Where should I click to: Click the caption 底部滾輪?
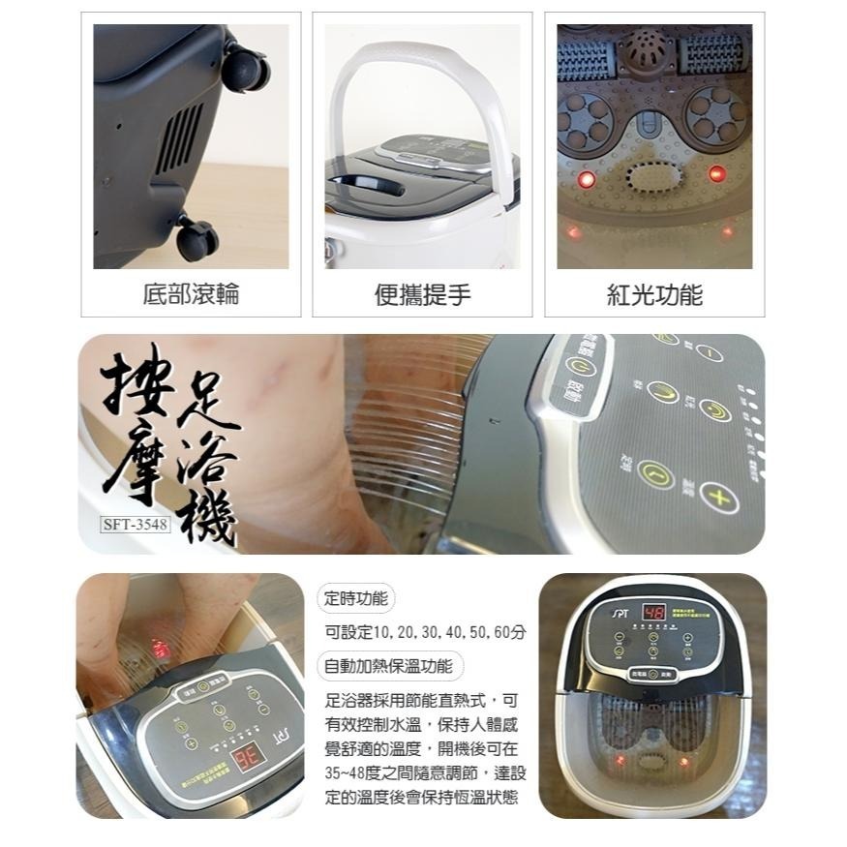[x=190, y=294]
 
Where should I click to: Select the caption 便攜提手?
[x=422, y=294]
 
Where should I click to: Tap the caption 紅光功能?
[x=654, y=294]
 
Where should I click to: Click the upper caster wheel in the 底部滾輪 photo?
[x=245, y=69]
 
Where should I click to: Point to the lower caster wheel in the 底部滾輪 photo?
[x=197, y=238]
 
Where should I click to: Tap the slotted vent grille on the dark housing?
[x=180, y=136]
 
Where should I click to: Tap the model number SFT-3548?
[x=135, y=526]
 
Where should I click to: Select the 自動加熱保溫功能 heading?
[x=389, y=666]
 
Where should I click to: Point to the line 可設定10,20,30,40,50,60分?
[x=425, y=632]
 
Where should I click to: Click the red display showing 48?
[x=653, y=612]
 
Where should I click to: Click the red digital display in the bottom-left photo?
[x=245, y=755]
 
